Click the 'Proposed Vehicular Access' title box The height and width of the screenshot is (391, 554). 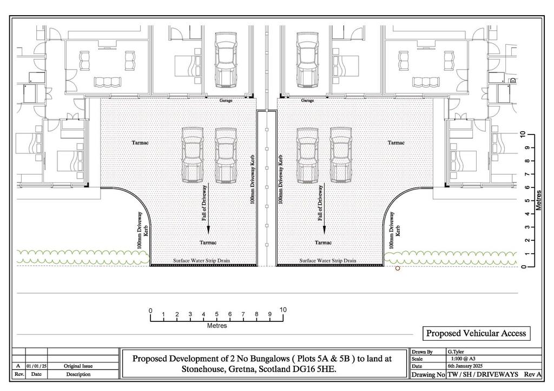476,333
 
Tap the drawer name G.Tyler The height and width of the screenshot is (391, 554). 456,352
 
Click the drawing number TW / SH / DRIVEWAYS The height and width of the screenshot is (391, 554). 483,374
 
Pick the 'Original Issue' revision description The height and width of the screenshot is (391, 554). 78,366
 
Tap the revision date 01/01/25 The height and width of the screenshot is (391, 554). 36,366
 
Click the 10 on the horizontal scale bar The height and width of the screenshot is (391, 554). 283,310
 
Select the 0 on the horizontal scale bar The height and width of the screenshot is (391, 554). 150,311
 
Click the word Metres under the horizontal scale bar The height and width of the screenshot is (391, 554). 217,326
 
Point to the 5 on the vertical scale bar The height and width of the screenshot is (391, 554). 527,200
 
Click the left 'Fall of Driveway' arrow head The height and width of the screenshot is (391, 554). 208,230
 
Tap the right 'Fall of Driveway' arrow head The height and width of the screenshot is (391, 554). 324,230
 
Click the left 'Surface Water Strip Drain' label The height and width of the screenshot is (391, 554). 201,260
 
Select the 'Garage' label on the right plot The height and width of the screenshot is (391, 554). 307,100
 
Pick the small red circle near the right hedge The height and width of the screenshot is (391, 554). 398,268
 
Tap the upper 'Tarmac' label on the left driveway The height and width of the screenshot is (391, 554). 140,143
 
